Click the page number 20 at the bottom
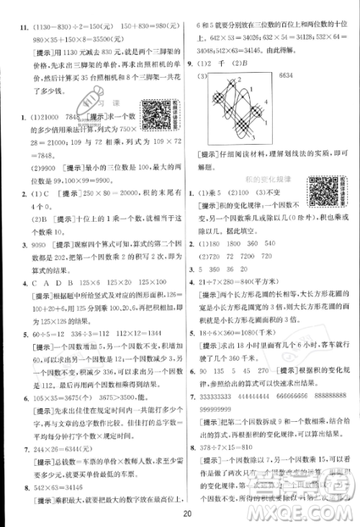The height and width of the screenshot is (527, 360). tap(186, 513)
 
